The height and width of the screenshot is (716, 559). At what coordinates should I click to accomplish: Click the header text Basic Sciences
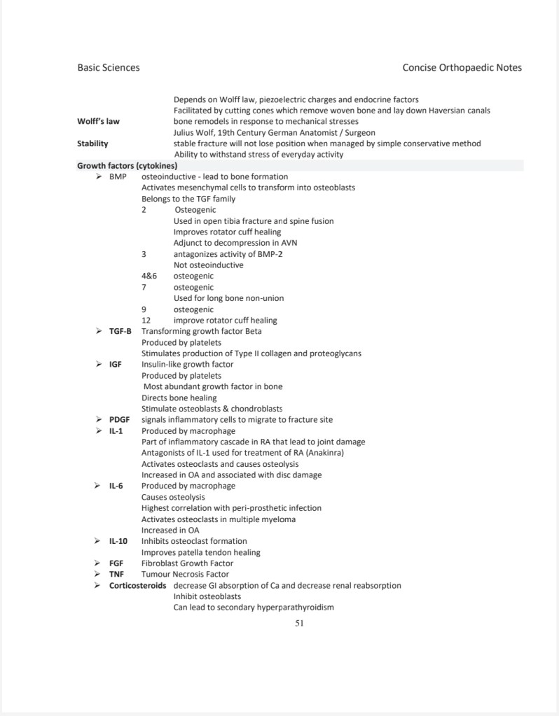pyautogui.click(x=108, y=68)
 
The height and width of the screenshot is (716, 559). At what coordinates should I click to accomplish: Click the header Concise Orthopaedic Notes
pyautogui.click(x=462, y=68)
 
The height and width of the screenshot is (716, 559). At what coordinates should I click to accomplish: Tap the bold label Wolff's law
pyautogui.click(x=98, y=121)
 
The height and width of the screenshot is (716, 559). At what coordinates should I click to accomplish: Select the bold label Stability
pyautogui.click(x=92, y=143)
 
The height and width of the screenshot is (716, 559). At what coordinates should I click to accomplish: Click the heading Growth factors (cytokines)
pyautogui.click(x=127, y=166)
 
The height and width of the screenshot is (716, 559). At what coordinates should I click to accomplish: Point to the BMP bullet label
pyautogui.click(x=118, y=176)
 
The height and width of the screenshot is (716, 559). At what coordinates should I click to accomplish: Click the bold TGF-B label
pyautogui.click(x=120, y=331)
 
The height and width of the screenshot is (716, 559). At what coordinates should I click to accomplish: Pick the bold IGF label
pyautogui.click(x=116, y=364)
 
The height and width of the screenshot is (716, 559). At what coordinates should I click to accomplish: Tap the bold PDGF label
pyautogui.click(x=120, y=420)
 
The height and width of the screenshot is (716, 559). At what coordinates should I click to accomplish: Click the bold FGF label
pyautogui.click(x=116, y=563)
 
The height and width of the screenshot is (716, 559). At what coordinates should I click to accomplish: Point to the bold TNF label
pyautogui.click(x=116, y=574)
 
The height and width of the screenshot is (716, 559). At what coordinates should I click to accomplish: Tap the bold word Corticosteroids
pyautogui.click(x=137, y=585)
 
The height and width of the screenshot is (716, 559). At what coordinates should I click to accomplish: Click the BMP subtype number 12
pyautogui.click(x=146, y=321)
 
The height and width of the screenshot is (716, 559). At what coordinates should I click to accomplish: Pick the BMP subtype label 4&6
pyautogui.click(x=149, y=276)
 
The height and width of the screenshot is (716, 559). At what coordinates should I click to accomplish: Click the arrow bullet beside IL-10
pyautogui.click(x=98, y=541)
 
